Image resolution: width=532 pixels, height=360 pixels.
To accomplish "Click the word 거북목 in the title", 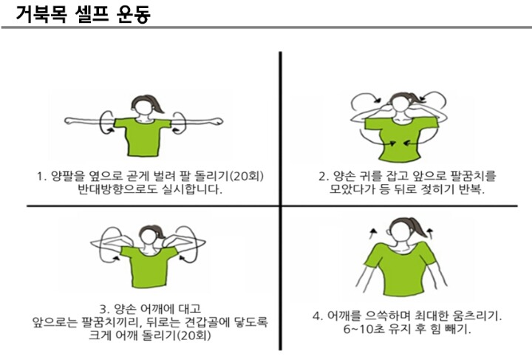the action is (41, 14).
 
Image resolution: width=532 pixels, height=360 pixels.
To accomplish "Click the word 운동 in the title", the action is (133, 14).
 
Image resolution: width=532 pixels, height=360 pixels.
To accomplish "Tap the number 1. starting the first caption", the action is (41, 176).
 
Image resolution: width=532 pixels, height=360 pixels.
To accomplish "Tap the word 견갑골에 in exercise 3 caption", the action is (208, 322).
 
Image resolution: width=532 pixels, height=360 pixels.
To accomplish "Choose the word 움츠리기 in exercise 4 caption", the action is (474, 316).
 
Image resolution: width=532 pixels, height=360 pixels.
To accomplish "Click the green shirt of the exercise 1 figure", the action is (143, 137).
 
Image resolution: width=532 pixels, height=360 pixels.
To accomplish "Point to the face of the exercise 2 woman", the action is (400, 104).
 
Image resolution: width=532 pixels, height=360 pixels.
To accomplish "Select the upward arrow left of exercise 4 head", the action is (373, 234).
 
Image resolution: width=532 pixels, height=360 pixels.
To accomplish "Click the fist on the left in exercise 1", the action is (69, 120).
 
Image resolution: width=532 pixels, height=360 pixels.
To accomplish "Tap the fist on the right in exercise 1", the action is (217, 120).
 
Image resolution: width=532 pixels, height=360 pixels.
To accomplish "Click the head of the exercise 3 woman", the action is (149, 235).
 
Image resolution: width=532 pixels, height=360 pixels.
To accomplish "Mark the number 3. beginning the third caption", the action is (105, 309).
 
